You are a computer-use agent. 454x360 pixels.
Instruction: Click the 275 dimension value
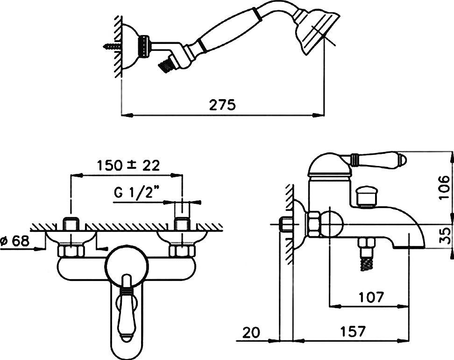click(x=222, y=105)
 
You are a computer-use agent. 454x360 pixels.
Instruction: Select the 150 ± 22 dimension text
click(x=128, y=166)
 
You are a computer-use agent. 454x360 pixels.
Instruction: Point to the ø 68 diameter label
click(x=15, y=241)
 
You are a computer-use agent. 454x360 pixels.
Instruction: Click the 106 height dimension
click(x=445, y=187)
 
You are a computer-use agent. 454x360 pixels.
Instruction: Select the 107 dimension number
click(x=371, y=297)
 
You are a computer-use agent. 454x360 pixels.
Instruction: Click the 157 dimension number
click(x=353, y=331)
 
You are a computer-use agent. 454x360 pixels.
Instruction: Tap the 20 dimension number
click(x=251, y=332)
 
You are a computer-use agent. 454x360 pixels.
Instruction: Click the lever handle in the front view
click(x=127, y=308)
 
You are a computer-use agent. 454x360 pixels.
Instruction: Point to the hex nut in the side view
click(x=314, y=224)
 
